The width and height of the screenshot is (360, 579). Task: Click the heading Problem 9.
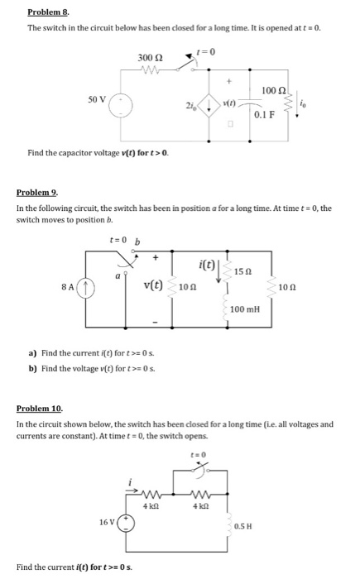pos(36,193)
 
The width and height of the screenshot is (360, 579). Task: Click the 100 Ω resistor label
pos(273,89)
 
